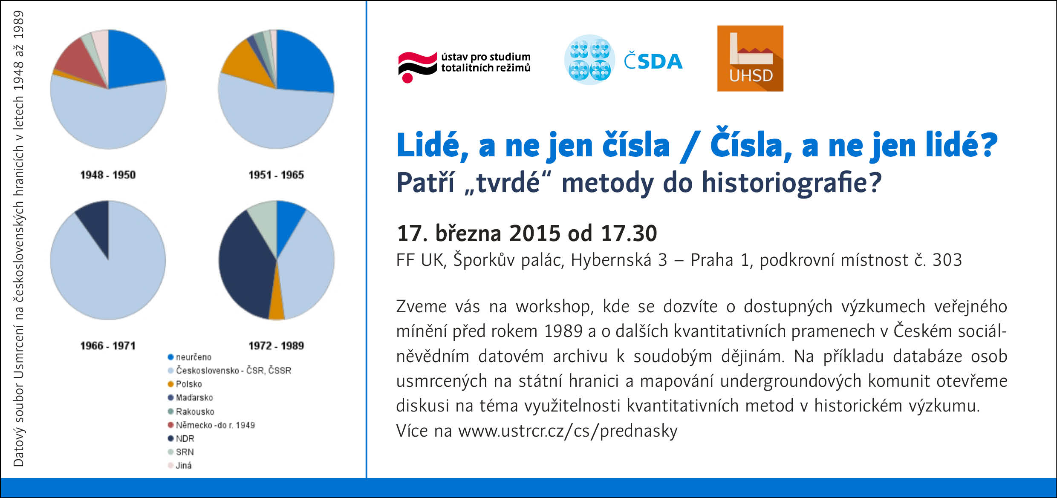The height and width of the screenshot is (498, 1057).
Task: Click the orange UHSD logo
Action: [x=750, y=58]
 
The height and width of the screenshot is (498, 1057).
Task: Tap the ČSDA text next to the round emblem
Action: [x=653, y=61]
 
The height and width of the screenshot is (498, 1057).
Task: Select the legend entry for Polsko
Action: [x=185, y=384]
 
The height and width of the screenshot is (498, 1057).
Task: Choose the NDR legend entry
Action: [x=181, y=438]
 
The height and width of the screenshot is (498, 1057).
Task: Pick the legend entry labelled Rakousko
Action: [x=191, y=411]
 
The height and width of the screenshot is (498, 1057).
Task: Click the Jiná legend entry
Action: [x=180, y=466]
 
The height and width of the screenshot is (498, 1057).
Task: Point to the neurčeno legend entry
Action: [x=190, y=357]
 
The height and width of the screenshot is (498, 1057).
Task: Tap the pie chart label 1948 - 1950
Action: [x=108, y=175]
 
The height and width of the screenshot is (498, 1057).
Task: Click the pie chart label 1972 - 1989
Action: [x=276, y=345]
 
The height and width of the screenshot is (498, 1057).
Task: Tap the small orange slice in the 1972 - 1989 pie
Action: [x=277, y=305]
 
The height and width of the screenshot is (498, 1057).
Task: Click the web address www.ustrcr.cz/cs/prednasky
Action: [x=568, y=431]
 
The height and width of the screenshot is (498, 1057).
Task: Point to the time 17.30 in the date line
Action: [x=629, y=233]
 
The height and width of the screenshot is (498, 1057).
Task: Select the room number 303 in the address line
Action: [x=947, y=260]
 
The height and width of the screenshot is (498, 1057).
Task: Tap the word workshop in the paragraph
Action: [x=554, y=307]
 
